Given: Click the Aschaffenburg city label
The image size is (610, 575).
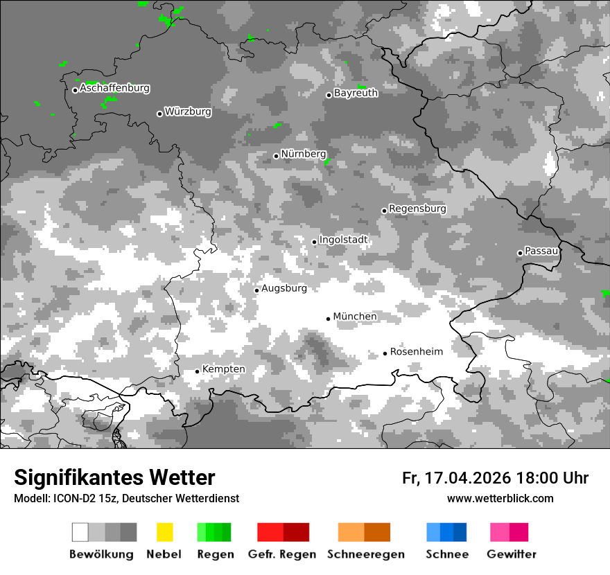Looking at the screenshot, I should click(114, 89).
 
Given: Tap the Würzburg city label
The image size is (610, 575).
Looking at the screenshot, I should click(188, 112).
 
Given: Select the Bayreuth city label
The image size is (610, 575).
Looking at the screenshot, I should click(356, 93).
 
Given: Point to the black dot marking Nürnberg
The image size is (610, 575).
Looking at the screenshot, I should click(276, 156).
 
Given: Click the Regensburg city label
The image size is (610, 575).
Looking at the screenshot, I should click(417, 209).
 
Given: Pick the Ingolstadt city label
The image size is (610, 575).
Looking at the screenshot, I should click(344, 240).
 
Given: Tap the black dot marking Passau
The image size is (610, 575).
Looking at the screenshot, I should click(520, 253).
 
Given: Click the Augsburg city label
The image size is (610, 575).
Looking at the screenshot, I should click(284, 288).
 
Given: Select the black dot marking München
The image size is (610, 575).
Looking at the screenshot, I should click(328, 319).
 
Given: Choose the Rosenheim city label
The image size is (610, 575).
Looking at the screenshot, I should click(416, 352).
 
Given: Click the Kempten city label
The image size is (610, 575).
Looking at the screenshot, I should click(223, 369).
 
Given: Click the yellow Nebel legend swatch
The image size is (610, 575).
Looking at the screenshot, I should click(164, 532).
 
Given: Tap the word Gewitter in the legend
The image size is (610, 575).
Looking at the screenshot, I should click(512, 554).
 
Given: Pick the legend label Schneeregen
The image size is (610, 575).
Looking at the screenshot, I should click(365, 554).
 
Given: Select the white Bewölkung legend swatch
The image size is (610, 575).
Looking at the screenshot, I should click(80, 532).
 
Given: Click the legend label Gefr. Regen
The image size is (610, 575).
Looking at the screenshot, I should click(282, 554).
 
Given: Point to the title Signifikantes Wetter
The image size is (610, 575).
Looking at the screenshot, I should click(114, 478).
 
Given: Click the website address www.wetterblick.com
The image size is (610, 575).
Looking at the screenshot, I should click(500, 499).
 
